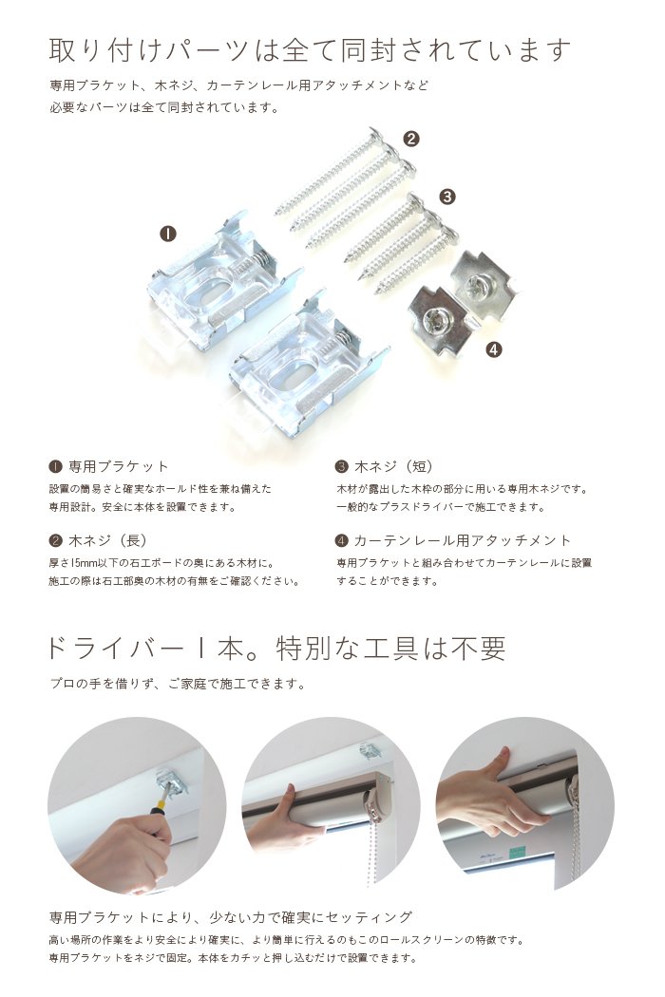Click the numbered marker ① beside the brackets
(x=168, y=234)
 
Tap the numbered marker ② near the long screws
(x=411, y=139)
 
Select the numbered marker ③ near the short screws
(x=448, y=197)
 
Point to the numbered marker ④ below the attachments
(x=493, y=349)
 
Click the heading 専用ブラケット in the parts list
(x=119, y=467)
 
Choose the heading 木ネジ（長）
(x=107, y=540)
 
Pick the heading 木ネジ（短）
(x=393, y=467)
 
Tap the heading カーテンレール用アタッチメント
(x=463, y=540)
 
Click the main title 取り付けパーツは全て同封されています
(x=310, y=49)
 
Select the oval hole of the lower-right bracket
(x=294, y=374)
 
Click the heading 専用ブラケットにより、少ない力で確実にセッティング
(x=231, y=917)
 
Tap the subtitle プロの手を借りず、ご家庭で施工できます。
(x=179, y=684)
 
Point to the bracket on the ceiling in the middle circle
(x=370, y=750)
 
